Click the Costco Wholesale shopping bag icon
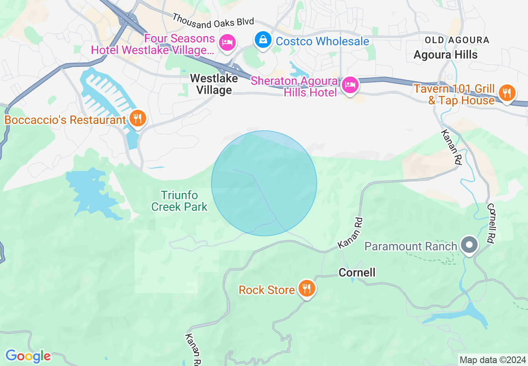[263, 40]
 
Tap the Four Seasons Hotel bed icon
[227, 42]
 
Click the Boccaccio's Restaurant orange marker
[137, 119]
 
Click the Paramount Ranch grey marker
[470, 245]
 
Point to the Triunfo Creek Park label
[179, 200]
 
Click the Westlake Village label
[214, 84]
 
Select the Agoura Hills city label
[446, 55]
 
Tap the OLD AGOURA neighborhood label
[457, 40]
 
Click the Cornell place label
[357, 272]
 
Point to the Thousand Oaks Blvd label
[213, 21]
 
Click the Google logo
[28, 356]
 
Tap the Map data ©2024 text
[492, 360]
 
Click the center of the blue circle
[264, 183]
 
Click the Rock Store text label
[266, 289]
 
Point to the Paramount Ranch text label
[411, 246]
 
